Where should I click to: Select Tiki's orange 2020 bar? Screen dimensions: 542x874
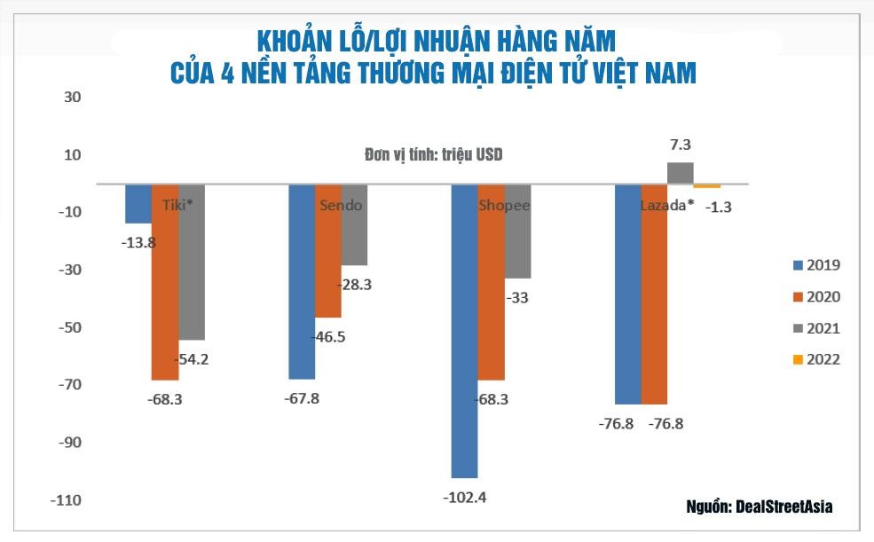point(164,282)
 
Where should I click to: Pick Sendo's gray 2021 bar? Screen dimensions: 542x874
point(354,224)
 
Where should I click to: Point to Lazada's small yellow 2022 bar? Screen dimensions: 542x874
point(707,186)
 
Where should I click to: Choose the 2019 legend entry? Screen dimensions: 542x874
point(815,265)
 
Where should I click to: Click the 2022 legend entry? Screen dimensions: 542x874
point(815,359)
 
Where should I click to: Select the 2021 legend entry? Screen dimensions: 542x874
point(815,328)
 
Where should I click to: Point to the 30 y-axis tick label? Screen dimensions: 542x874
point(72,97)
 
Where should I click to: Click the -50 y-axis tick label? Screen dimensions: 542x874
point(69,327)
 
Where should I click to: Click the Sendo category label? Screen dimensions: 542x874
point(341,206)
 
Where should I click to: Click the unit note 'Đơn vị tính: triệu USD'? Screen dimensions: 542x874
point(434,154)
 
